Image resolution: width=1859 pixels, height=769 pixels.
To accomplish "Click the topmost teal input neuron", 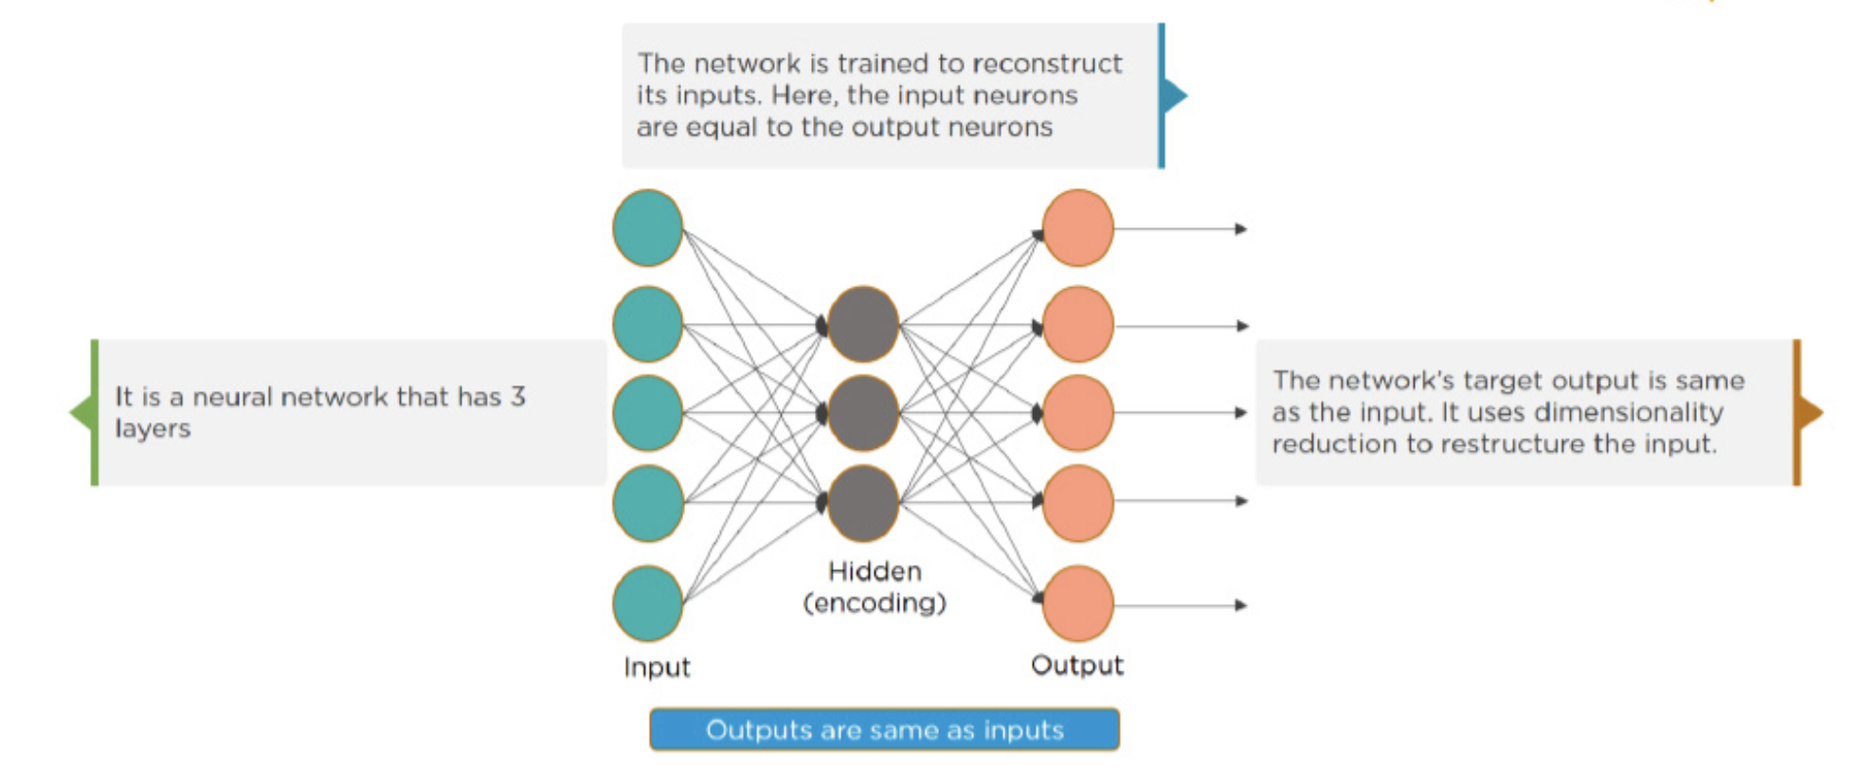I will (x=648, y=228).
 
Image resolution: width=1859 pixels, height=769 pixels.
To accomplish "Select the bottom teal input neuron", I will (x=648, y=603).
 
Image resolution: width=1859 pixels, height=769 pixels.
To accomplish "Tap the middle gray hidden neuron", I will (x=862, y=413).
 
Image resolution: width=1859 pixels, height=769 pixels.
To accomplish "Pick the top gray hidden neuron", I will (x=862, y=325).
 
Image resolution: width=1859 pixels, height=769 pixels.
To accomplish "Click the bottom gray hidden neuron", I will (x=862, y=503).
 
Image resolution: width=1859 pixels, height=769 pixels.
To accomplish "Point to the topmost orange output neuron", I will (x=1077, y=228).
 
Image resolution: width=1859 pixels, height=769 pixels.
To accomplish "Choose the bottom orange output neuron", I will (x=1077, y=603).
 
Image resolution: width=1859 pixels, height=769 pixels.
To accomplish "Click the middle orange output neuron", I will (x=1077, y=413).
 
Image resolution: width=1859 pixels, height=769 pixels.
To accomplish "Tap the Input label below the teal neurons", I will (x=657, y=667).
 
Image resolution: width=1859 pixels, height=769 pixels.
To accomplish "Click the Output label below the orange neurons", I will (x=1077, y=666).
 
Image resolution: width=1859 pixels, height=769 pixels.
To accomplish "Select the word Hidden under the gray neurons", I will (x=875, y=571).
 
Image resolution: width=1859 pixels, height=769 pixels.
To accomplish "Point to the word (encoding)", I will (x=875, y=602).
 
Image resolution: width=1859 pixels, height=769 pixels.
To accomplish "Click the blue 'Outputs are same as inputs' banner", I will (x=884, y=729).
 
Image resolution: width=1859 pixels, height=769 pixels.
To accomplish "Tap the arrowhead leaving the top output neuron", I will (x=1240, y=229).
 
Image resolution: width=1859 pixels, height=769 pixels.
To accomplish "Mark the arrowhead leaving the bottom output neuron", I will (x=1240, y=605).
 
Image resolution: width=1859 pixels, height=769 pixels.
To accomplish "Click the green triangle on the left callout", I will (x=81, y=412).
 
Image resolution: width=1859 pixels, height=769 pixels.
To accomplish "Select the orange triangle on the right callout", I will (x=1810, y=413).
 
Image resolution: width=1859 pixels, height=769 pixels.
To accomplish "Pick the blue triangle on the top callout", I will (x=1175, y=96).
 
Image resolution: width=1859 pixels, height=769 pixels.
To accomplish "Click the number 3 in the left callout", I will (x=517, y=396).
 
